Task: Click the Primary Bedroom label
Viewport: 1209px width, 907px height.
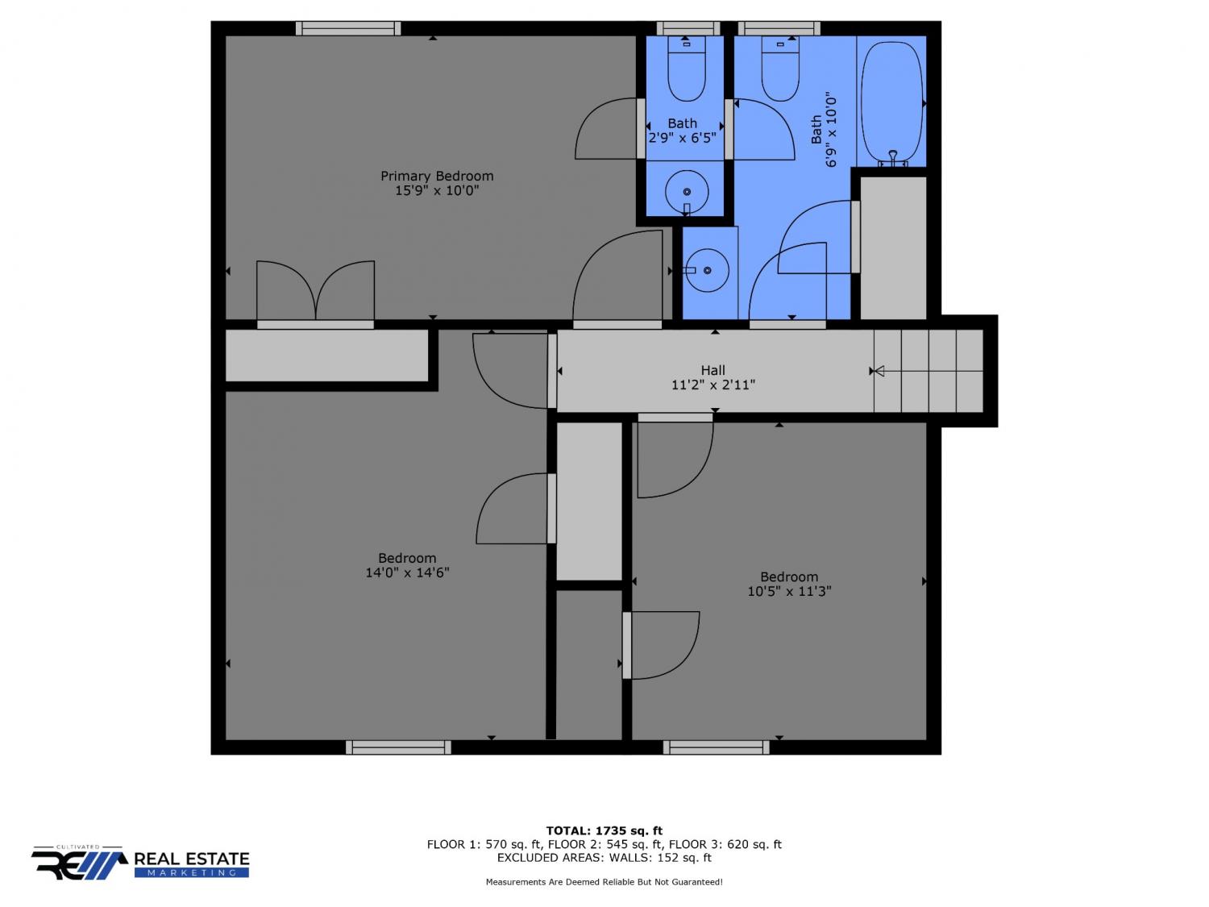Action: pos(437,177)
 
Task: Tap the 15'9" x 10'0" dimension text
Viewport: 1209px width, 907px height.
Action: pos(437,190)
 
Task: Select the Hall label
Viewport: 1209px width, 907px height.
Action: pos(713,370)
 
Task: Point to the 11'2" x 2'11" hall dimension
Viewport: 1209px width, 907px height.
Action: pos(713,385)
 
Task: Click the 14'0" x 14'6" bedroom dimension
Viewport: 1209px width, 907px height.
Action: pos(407,572)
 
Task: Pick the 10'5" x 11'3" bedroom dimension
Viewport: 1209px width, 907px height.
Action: pos(789,591)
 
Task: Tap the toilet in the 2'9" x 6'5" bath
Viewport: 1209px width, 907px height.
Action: pos(686,69)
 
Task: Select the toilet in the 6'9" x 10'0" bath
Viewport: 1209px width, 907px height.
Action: pos(780,69)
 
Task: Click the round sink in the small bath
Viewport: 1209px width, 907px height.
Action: pos(686,192)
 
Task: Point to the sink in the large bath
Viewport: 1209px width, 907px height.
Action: pos(707,270)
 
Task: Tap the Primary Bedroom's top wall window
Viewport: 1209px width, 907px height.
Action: pos(348,29)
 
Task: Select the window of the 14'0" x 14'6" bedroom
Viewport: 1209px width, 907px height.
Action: pos(398,747)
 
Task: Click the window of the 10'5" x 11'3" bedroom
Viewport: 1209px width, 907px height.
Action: pos(716,747)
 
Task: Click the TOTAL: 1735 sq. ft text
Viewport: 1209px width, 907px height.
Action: pos(604,830)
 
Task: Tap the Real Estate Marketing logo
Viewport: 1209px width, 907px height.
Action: pos(140,863)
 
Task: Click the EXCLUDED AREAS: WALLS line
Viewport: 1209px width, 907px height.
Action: pos(604,858)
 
